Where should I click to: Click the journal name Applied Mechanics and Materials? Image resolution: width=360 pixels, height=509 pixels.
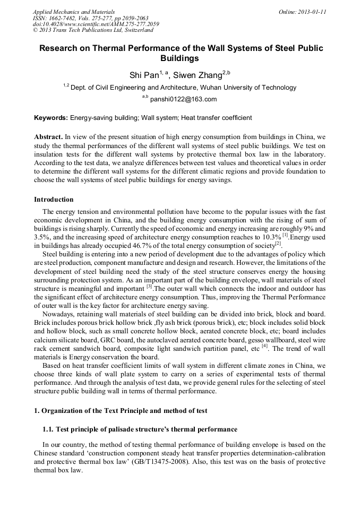[x=74, y=11]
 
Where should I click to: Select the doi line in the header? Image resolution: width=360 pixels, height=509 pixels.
[x=96, y=24]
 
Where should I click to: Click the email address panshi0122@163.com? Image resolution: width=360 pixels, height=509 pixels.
[x=183, y=99]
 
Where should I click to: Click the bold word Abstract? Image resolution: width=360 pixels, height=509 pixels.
[x=48, y=136]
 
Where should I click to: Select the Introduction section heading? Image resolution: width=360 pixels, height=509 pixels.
[x=54, y=200]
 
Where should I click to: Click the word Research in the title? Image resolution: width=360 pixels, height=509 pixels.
[x=62, y=48]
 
